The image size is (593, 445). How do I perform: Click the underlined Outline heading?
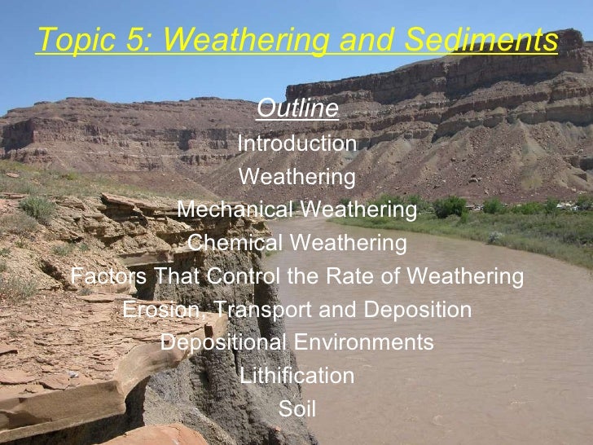pyautogui.click(x=296, y=108)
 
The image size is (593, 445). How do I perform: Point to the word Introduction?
pyautogui.click(x=296, y=144)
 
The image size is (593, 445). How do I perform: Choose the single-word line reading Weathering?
pyautogui.click(x=296, y=177)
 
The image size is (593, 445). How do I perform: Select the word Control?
pyautogui.click(x=240, y=277)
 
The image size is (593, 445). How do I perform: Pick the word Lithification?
pyautogui.click(x=296, y=377)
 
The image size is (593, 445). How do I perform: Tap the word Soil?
pyautogui.click(x=296, y=409)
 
